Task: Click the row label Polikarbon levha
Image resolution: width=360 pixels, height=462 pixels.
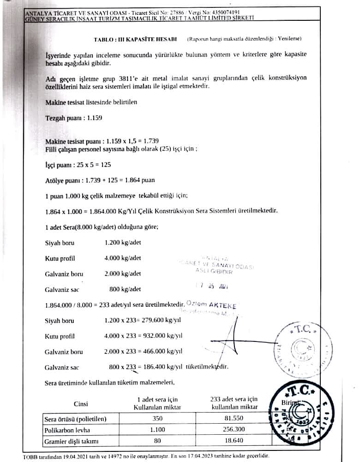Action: [x=66, y=430]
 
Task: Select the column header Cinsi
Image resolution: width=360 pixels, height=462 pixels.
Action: [x=81, y=403]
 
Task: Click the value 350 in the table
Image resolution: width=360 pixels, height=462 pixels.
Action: [x=157, y=419]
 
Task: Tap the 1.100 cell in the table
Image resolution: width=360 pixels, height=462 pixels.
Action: [x=157, y=430]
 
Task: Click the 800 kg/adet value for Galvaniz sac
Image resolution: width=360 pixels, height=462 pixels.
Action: [x=125, y=289]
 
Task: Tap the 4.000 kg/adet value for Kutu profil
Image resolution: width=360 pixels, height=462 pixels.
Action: [x=123, y=258]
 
